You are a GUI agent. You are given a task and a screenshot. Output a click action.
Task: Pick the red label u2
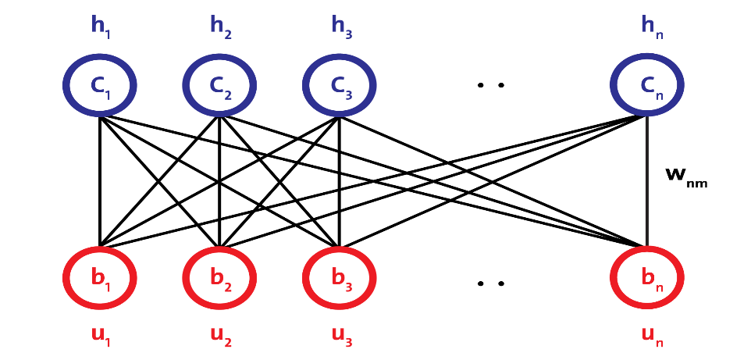tap(221, 334)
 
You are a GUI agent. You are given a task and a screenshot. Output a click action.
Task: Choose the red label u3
tap(341, 334)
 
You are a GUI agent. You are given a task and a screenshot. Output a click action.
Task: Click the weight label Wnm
tap(686, 176)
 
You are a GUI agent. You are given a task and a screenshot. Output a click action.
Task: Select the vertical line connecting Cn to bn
tap(647, 181)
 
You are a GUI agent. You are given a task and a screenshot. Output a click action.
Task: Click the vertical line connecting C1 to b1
tap(100, 181)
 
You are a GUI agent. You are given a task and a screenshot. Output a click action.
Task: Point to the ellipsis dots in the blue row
tap(490, 85)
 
